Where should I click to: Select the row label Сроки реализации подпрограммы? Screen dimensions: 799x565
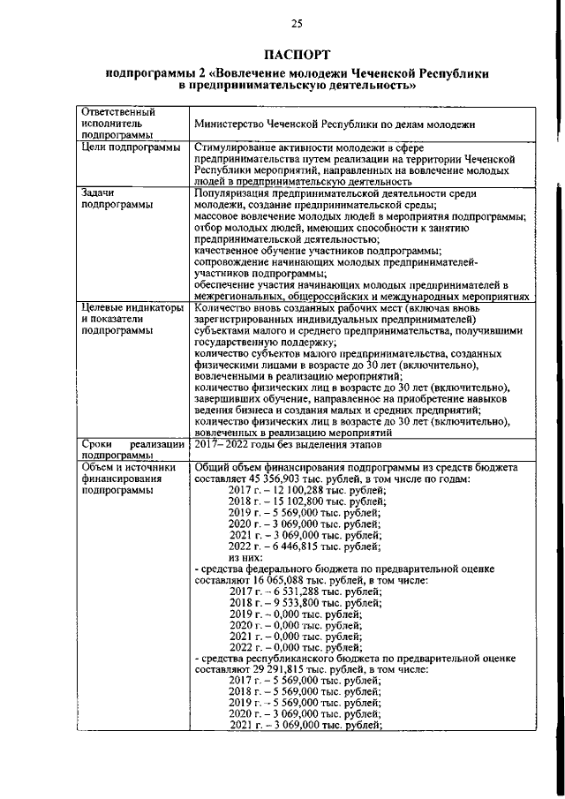131,448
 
